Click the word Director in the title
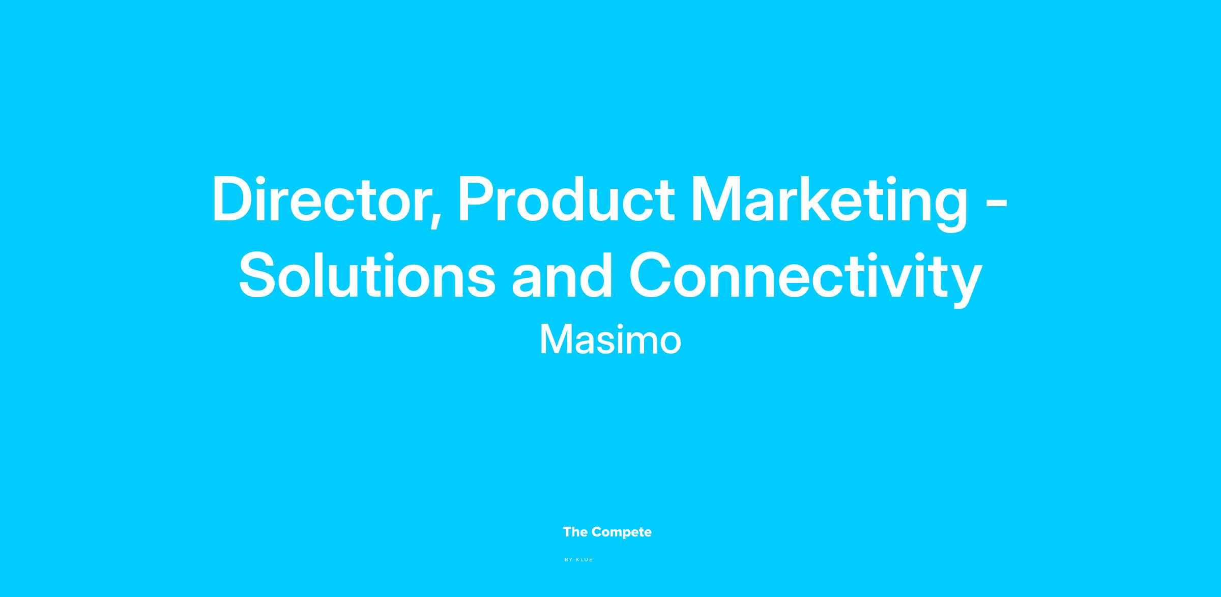(x=319, y=199)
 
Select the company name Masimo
(x=610, y=340)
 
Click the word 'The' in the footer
(x=575, y=532)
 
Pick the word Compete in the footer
(x=622, y=533)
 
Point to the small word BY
(x=569, y=560)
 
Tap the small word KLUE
(x=585, y=560)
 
